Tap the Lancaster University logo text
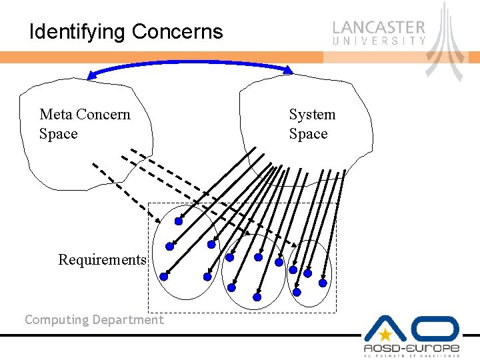379,31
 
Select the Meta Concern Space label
85,124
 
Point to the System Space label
311,124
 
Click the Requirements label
102,259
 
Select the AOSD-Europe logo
411,337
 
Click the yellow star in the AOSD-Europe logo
385,335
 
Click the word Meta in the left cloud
54,115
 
